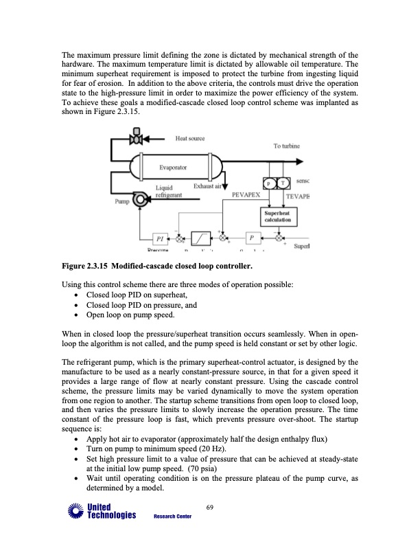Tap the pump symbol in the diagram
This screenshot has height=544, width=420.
[x=140, y=201]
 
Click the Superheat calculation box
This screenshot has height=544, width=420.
[x=278, y=216]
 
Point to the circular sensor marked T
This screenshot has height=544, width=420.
[x=281, y=183]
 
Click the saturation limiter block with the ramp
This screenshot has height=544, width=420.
[x=201, y=238]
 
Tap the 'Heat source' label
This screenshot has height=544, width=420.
[x=191, y=139]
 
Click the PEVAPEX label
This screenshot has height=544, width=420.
[x=245, y=195]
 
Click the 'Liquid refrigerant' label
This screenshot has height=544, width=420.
[x=169, y=191]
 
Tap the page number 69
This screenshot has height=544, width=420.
[x=210, y=508]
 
